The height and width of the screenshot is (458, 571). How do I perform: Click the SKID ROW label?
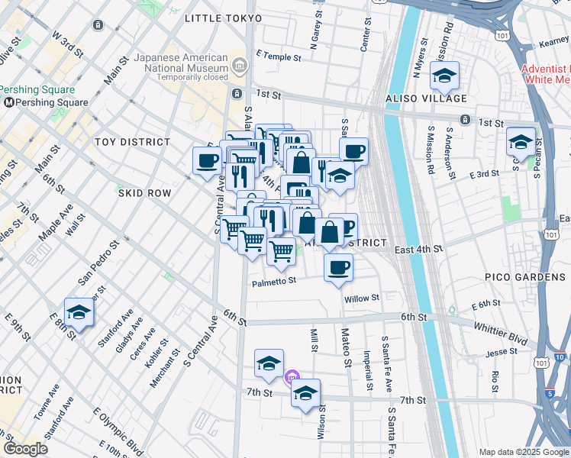click(144, 194)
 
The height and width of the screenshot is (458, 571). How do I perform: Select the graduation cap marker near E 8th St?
click(78, 311)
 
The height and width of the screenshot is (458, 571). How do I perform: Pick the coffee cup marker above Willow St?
click(338, 266)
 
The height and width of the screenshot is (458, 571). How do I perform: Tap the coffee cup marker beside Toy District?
click(206, 160)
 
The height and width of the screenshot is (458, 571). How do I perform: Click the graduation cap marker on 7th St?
click(305, 393)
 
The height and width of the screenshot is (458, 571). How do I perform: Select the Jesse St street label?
click(501, 353)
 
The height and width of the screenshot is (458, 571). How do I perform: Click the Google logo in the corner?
click(25, 449)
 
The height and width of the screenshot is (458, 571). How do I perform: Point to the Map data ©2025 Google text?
click(523, 452)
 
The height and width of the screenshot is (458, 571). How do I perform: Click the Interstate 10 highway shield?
click(559, 356)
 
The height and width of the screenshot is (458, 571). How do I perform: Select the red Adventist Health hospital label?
click(545, 73)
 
